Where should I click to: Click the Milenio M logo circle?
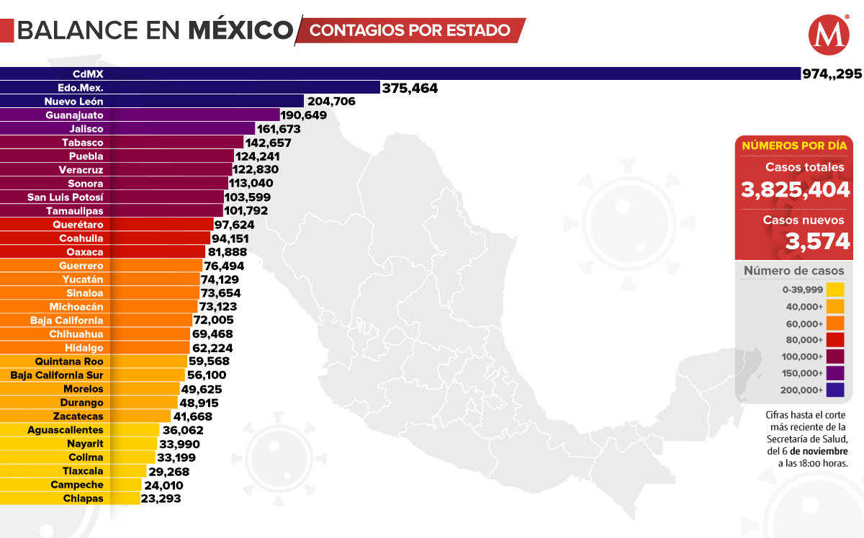tap(829, 35)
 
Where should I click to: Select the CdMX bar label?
tap(89, 73)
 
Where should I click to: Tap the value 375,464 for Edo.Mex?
tap(410, 88)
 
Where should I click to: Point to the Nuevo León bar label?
tap(74, 102)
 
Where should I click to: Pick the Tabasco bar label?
tap(82, 143)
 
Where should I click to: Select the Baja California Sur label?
tap(57, 375)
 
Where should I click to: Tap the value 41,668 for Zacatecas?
tap(192, 416)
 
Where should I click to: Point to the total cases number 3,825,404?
tap(796, 190)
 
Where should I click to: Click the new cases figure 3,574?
tap(818, 241)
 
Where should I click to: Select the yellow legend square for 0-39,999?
tap(834, 290)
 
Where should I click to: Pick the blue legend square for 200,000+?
tap(834, 390)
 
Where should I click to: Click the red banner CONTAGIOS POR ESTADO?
tap(410, 30)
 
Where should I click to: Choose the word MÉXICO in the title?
tap(240, 30)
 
